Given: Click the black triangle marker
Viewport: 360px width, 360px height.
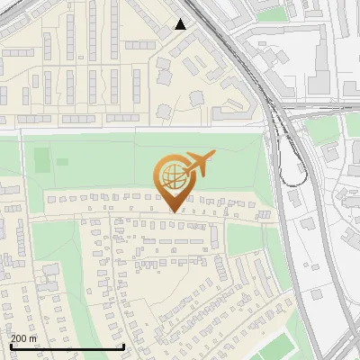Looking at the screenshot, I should pos(181,24).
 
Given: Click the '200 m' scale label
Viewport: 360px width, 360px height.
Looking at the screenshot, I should pos(25,337).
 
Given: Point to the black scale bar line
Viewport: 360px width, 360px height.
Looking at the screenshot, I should pos(67,346).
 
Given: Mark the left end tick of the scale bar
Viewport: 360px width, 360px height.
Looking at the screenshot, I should pos(11,346).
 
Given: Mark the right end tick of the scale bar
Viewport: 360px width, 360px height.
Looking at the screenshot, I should pos(123,346).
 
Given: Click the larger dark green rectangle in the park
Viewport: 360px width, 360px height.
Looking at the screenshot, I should pos(41,161).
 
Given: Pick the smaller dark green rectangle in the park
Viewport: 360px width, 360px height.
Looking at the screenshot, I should pos(62,162).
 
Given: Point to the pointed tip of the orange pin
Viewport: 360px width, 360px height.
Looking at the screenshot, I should pos(173,211).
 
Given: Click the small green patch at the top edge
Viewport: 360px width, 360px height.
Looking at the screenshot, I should pos(270,13).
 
